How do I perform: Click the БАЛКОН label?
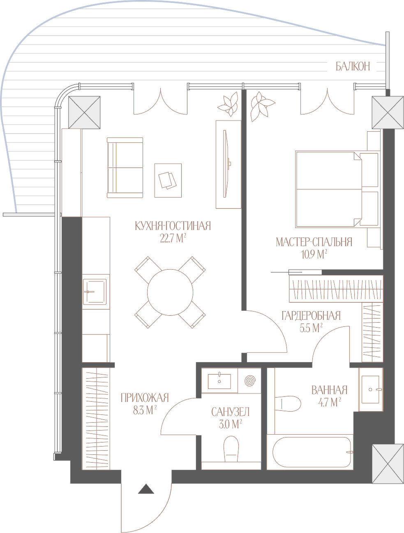pyautogui.click(x=353, y=66)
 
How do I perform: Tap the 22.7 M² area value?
pyautogui.click(x=173, y=239)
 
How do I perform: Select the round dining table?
pyautogui.click(x=170, y=292)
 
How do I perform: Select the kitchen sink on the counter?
pyautogui.click(x=95, y=292)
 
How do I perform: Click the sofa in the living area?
pyautogui.click(x=125, y=168)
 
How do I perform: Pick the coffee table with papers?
pyautogui.click(x=168, y=180)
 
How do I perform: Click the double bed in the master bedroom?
pyautogui.click(x=337, y=189)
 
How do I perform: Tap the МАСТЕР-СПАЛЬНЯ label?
pyautogui.click(x=314, y=242)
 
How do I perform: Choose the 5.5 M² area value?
pyautogui.click(x=311, y=328)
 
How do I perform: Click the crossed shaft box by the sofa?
pyautogui.click(x=84, y=112)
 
